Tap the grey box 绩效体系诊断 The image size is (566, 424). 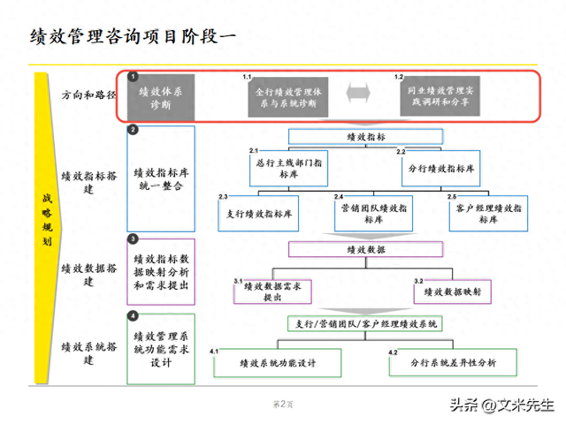tap(160, 97)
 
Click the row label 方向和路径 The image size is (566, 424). tap(88, 95)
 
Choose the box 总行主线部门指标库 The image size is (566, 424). tap(289, 169)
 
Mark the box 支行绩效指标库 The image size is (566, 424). tap(257, 213)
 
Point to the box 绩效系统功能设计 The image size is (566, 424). tap(278, 363)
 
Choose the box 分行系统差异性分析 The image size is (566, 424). tap(454, 363)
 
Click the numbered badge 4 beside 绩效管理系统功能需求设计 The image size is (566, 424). tap(133, 315)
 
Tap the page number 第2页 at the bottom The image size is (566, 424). tap(282, 404)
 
